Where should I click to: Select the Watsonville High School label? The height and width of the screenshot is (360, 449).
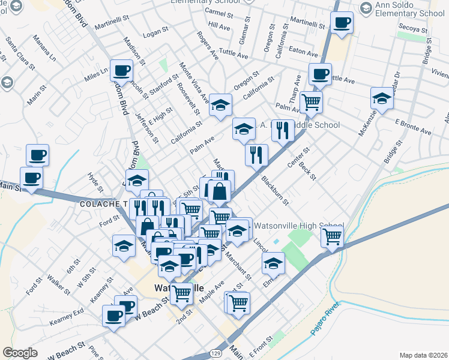tap(298, 226)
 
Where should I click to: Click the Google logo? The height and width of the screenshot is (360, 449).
tap(20, 352)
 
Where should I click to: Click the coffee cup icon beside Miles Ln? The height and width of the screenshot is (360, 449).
tap(121, 70)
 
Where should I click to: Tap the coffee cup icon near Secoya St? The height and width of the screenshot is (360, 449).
tap(342, 23)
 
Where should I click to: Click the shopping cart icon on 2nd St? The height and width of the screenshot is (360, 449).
tap(182, 293)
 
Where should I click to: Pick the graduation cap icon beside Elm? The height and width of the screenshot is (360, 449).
tap(273, 262)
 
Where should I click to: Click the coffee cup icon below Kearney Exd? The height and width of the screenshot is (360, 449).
tap(113, 316)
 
